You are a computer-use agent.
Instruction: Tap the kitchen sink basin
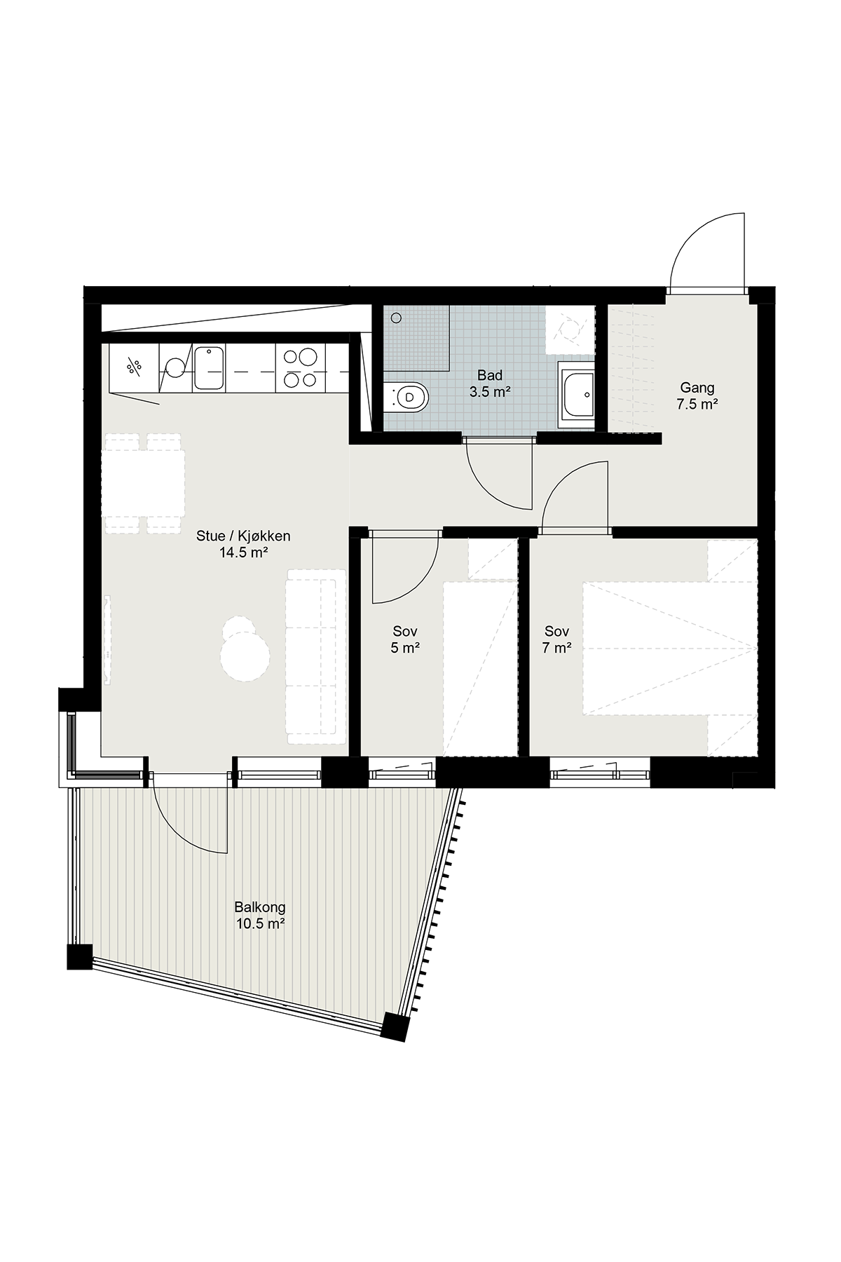[x=209, y=368]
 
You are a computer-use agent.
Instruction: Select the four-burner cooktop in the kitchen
[x=299, y=368]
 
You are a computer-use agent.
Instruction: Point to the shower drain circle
[x=397, y=318]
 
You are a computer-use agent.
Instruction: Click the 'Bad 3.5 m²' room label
[x=489, y=384]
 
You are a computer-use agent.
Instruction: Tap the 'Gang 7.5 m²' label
[x=697, y=395]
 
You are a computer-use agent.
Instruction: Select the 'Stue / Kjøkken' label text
[x=243, y=536]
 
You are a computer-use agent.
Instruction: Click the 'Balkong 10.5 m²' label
[x=260, y=915]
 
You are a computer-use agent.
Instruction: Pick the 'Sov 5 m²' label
[x=405, y=639]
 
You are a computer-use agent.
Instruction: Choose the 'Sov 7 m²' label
[x=556, y=639]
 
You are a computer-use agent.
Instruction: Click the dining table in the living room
[x=143, y=484]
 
